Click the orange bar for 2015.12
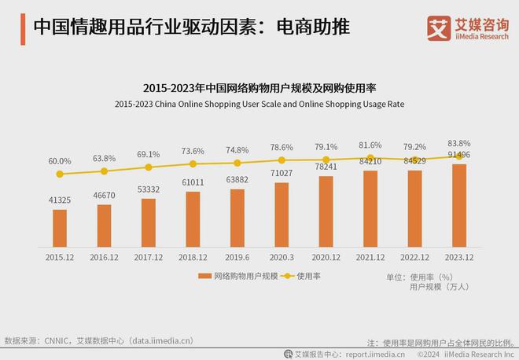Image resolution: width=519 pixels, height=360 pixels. coord(60,228)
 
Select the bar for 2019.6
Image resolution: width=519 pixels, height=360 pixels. coord(237,218)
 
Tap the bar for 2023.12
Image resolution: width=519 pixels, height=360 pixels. coord(460,205)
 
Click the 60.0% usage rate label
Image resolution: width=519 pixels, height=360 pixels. coord(60,160)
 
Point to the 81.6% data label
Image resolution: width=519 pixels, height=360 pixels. coord(371,145)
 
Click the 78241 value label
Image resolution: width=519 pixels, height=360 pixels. coord(326,167)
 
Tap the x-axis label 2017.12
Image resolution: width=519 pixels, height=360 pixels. coord(149,256)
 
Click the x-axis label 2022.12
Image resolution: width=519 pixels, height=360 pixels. coord(415,256)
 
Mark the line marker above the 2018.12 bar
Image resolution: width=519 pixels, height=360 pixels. coord(193,164)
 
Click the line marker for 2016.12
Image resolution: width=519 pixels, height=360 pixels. coord(104,171)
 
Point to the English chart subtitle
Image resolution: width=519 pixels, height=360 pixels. coord(259,104)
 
